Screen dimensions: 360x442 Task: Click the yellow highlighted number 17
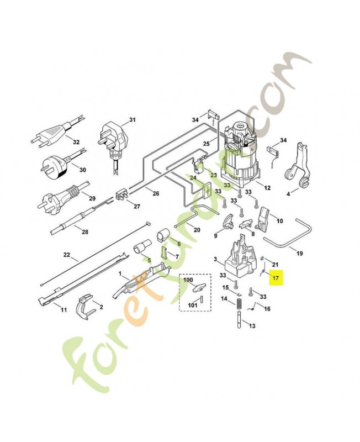(x=276, y=278)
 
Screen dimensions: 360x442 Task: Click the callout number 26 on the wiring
(x=156, y=193)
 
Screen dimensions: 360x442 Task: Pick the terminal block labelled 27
(x=122, y=194)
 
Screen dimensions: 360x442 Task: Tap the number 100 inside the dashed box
(x=188, y=280)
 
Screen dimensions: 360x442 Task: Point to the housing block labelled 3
(x=241, y=259)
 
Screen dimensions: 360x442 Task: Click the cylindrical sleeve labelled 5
(x=142, y=246)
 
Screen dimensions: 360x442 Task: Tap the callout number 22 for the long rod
(x=66, y=255)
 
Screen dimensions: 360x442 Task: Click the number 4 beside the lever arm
(x=288, y=194)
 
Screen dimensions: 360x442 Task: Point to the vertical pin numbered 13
(x=240, y=319)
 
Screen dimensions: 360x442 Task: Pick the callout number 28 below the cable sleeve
(x=85, y=231)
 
